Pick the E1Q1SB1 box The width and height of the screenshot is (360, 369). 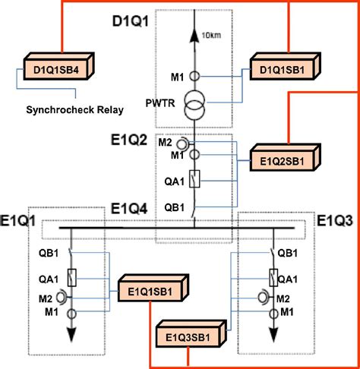click(x=151, y=289)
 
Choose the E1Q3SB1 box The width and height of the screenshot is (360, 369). click(x=190, y=334)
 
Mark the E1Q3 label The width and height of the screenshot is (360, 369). click(x=336, y=221)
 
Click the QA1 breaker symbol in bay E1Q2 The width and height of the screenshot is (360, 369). click(x=194, y=180)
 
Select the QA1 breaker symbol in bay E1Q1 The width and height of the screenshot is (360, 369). click(x=73, y=277)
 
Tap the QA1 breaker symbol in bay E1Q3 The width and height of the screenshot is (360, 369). click(x=272, y=277)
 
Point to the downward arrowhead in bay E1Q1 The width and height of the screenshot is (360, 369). click(x=73, y=335)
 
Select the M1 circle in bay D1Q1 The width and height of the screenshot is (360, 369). click(x=194, y=76)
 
